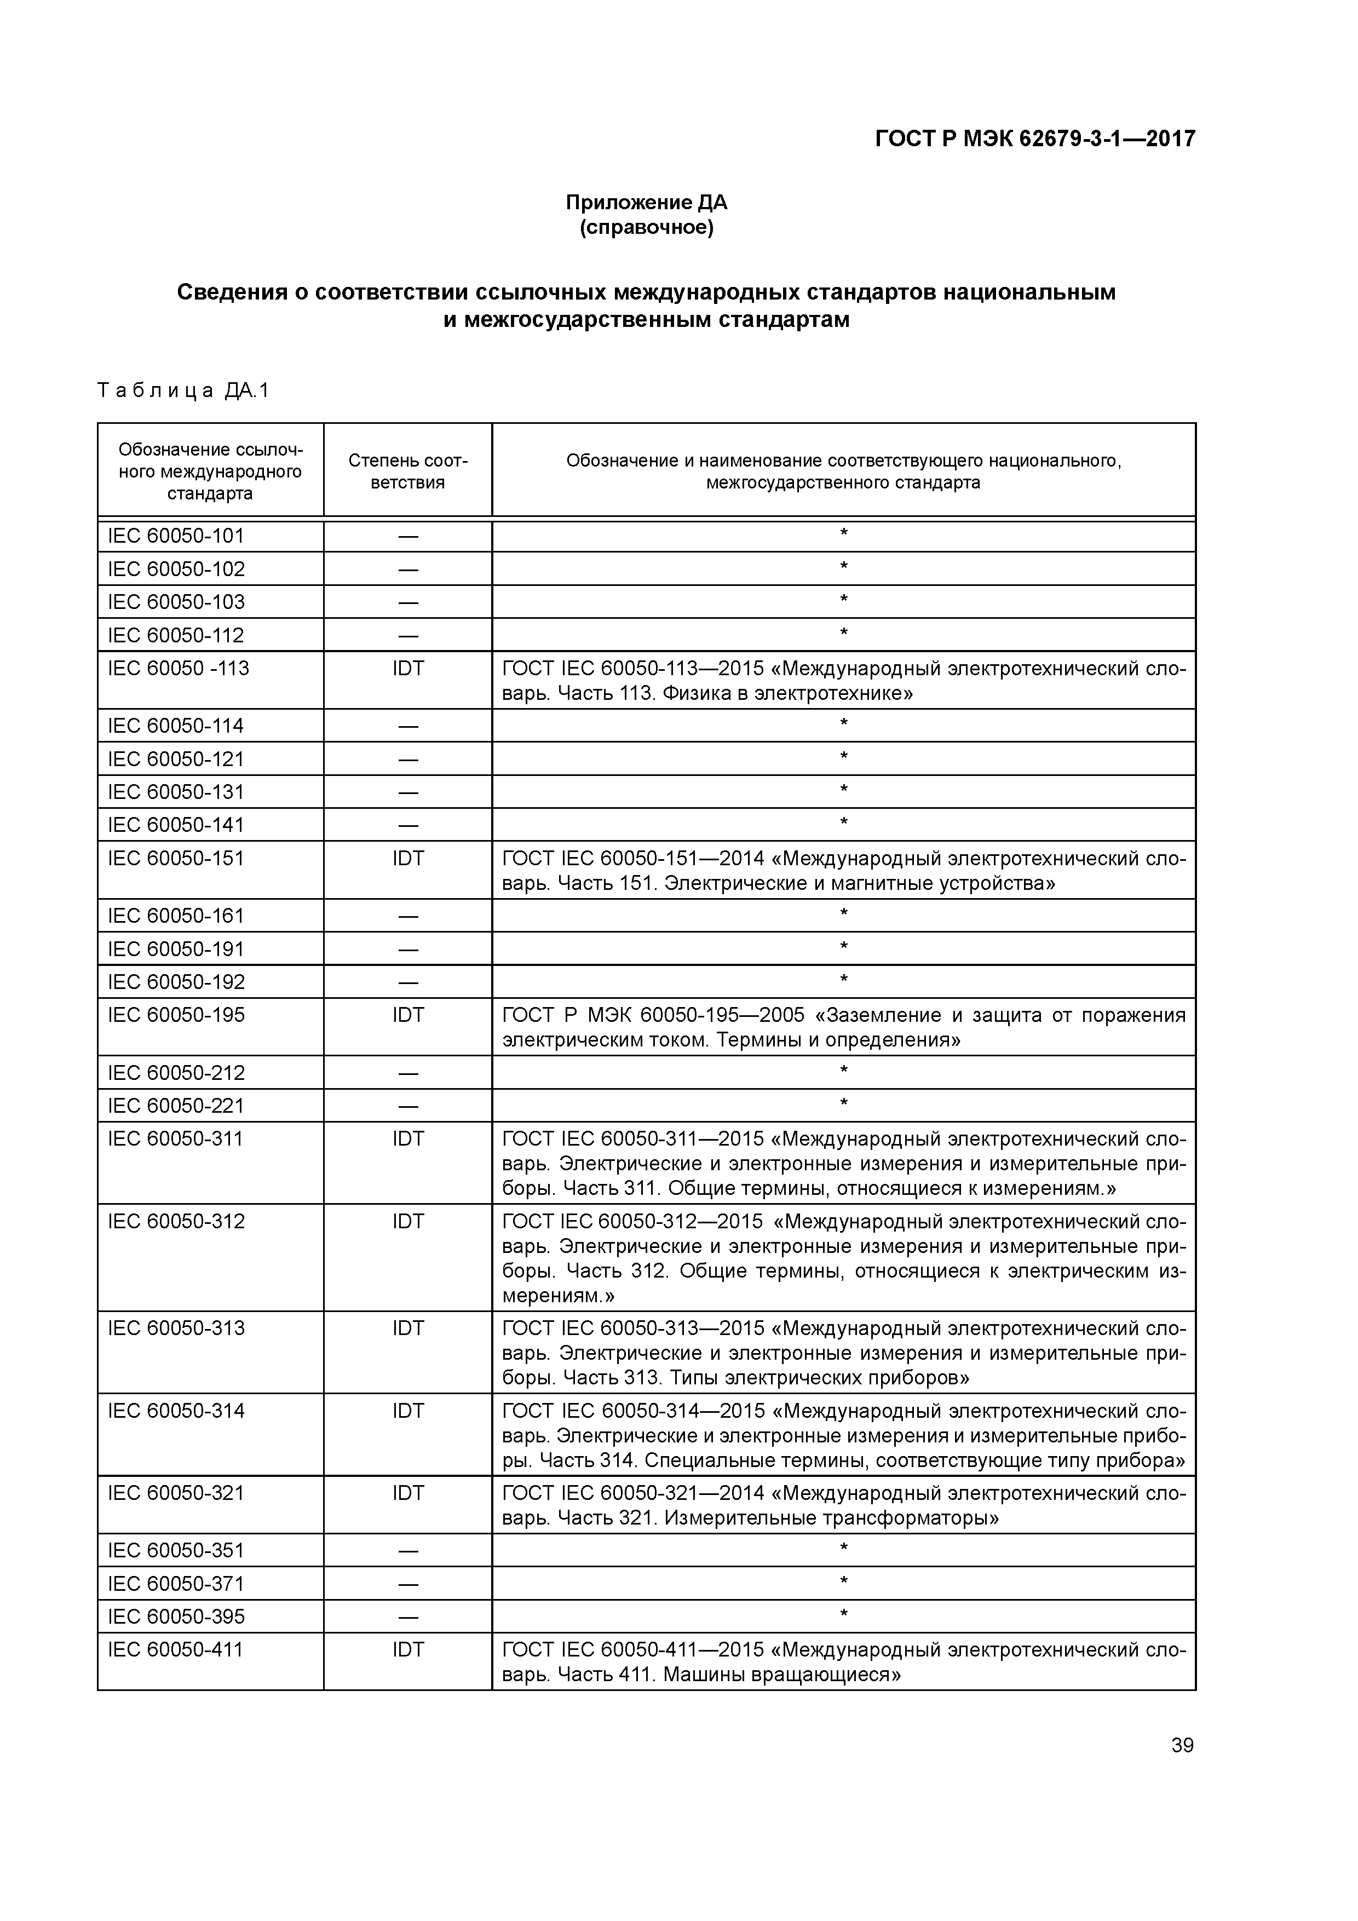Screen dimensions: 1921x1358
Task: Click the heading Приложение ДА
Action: [x=646, y=203]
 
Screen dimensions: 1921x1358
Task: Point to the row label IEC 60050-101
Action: [x=176, y=536]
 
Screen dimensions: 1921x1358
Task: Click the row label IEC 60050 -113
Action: [x=178, y=669]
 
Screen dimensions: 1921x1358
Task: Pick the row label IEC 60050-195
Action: [x=176, y=1015]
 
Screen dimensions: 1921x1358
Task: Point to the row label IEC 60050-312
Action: [x=176, y=1222]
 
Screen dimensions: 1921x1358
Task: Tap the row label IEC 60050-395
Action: [x=176, y=1617]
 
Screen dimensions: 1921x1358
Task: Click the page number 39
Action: [x=1182, y=1745]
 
